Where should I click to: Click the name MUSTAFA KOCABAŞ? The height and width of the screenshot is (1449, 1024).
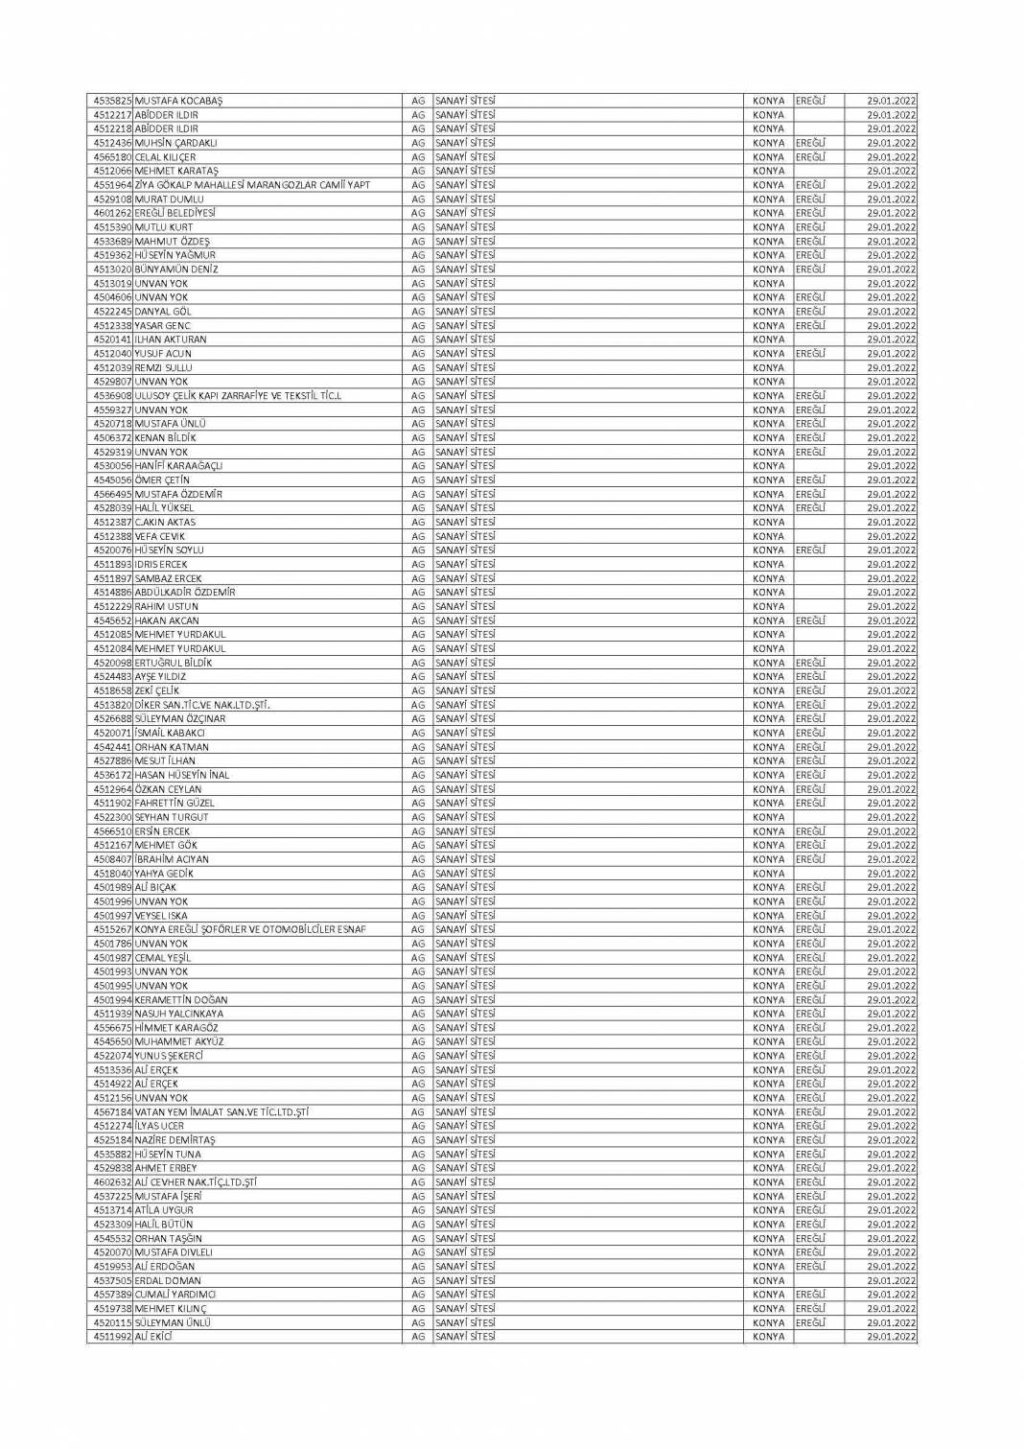tap(178, 101)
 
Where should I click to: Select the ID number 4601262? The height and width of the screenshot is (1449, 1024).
tap(112, 213)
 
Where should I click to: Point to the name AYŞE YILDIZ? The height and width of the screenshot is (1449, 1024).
tap(160, 677)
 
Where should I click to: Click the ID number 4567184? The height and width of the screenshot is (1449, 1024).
tap(112, 1112)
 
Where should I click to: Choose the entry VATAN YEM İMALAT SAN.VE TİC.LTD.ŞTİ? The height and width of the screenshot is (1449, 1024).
tap(221, 1112)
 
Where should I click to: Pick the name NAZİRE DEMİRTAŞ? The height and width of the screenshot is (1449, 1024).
tap(175, 1140)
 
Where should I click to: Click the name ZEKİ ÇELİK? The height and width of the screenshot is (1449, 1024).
tap(157, 690)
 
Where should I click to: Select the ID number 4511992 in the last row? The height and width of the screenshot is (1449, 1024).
tap(112, 1337)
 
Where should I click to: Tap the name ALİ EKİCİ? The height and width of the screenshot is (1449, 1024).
tap(152, 1337)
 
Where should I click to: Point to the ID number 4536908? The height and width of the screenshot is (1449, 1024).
tap(112, 396)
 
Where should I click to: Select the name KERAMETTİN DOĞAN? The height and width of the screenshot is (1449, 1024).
tap(181, 1000)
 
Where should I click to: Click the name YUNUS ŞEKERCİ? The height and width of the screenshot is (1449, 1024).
tap(170, 1056)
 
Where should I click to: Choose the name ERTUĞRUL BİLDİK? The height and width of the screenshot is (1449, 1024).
tap(174, 663)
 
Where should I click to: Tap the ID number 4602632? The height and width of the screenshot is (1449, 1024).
tap(112, 1182)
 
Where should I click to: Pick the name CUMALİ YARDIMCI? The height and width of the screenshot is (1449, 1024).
tap(175, 1295)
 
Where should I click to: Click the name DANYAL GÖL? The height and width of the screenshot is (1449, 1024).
tap(163, 312)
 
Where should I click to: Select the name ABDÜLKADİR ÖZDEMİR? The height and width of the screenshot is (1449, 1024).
tap(185, 593)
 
